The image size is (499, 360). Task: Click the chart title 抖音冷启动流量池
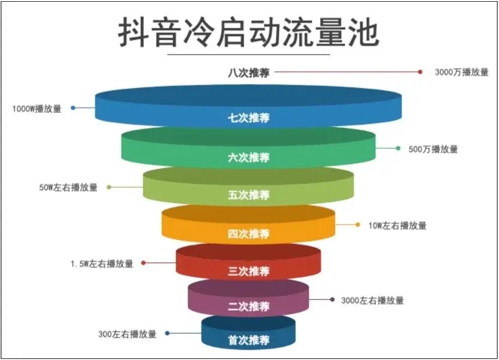click(x=248, y=32)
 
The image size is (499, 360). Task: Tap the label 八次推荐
click(x=248, y=73)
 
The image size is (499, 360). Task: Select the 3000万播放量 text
click(x=461, y=72)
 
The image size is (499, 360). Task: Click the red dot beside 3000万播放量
click(x=420, y=72)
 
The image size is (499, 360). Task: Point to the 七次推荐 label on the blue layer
click(x=248, y=118)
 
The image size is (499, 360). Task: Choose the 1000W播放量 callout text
click(x=37, y=109)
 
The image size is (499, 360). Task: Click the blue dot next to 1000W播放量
click(x=73, y=108)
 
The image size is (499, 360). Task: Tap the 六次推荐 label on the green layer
click(x=248, y=157)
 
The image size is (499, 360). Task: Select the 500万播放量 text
click(x=433, y=149)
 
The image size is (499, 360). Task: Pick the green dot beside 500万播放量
click(x=398, y=148)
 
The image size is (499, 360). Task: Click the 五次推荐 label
click(x=248, y=195)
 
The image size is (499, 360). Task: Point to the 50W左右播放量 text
click(x=68, y=187)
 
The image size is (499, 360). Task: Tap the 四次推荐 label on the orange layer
click(x=248, y=234)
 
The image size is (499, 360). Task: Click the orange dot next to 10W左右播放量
click(x=357, y=225)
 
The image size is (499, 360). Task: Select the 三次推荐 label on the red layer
click(x=248, y=271)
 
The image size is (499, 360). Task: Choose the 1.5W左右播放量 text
click(x=102, y=263)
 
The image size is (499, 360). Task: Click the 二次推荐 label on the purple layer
click(x=248, y=307)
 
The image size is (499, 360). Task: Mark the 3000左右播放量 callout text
click(x=372, y=300)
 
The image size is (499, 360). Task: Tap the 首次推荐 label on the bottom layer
click(x=248, y=340)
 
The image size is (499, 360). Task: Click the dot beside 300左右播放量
click(x=167, y=333)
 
